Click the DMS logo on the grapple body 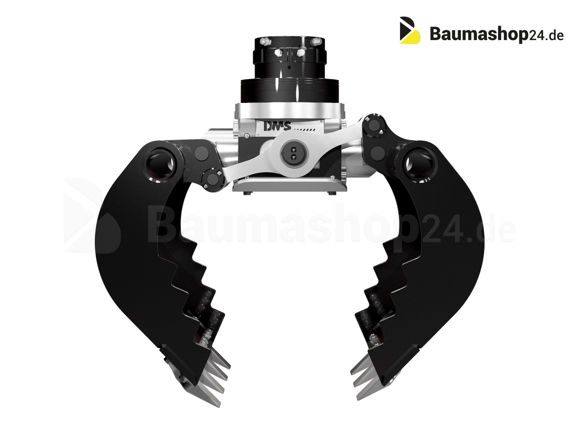pyautogui.click(x=277, y=126)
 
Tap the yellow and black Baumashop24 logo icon pyautogui.click(x=410, y=30)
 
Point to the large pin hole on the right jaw pyautogui.click(x=420, y=162)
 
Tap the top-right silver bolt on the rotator pyautogui.click(x=316, y=41)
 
